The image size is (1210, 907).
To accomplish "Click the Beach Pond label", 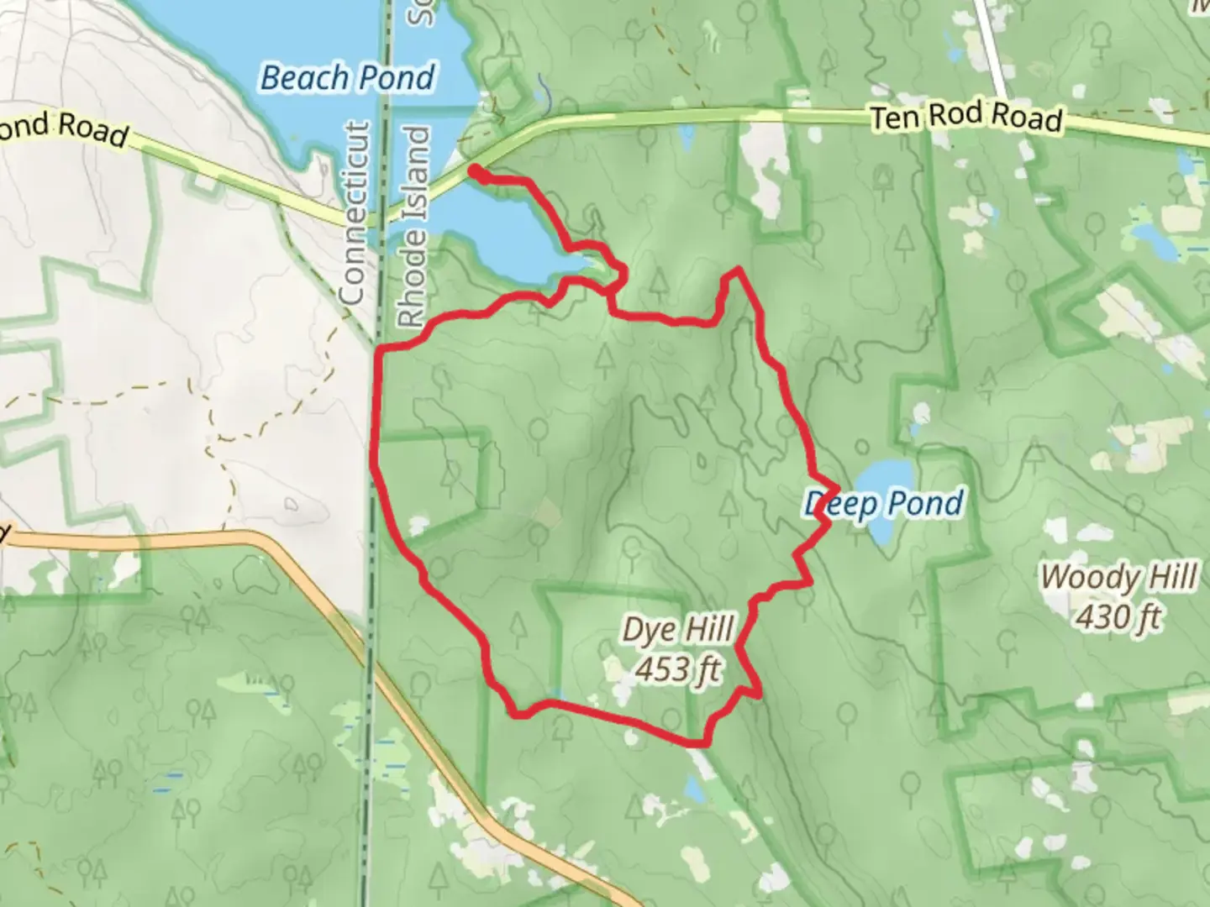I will pos(348,77).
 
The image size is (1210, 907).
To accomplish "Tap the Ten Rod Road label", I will pos(966,116).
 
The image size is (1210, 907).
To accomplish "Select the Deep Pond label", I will pos(884,504).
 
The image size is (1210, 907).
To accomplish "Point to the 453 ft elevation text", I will pos(678,670).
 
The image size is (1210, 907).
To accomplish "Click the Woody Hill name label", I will pos(1119,577).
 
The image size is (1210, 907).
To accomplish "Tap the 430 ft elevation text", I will pos(1119,617).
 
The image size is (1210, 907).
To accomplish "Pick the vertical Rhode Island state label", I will pos(414,227).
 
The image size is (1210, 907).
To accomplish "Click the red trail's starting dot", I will pos(475,171).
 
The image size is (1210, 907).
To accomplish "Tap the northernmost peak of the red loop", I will pos(738,270).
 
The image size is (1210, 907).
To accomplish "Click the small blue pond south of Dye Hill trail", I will pos(694,789).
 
